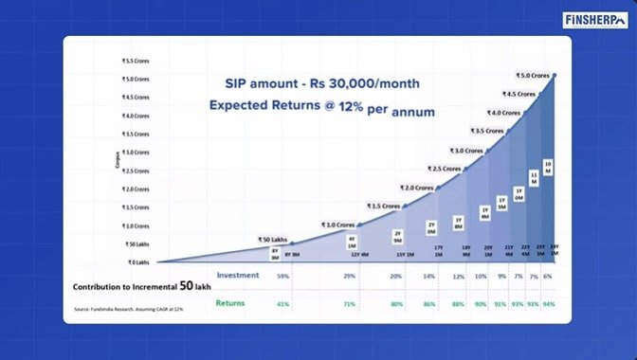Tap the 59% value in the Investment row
[282, 276]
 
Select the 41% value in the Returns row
[282, 303]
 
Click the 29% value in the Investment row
[350, 276]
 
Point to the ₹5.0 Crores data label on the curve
[534, 75]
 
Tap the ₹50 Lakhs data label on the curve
[272, 239]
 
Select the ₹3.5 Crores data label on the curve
[486, 131]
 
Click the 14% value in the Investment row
[429, 276]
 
